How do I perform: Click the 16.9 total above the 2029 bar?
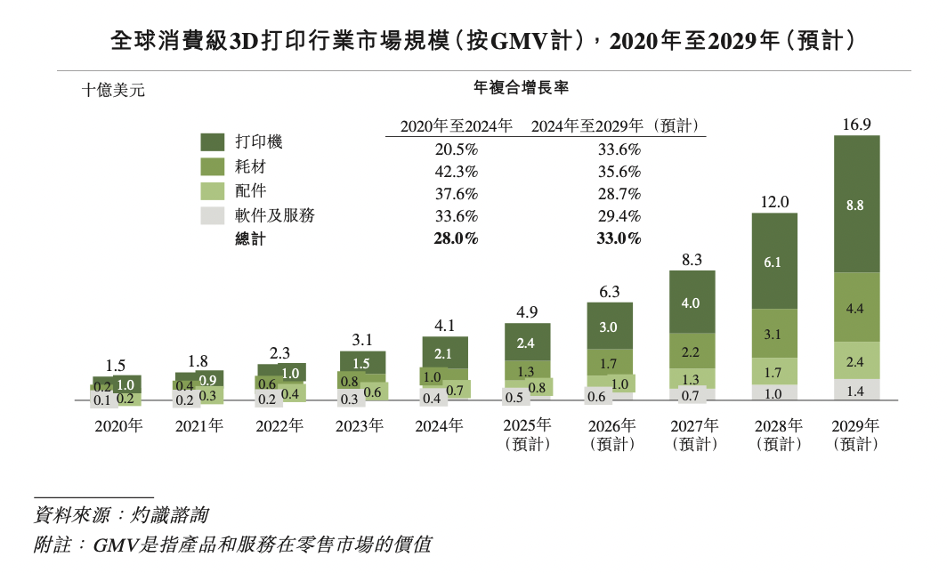point(856,125)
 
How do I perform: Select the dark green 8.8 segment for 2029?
point(856,204)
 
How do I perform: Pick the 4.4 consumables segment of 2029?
point(856,308)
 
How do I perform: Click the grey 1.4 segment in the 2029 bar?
point(856,390)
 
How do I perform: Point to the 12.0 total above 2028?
point(774,202)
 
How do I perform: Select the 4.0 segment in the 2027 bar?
point(692,303)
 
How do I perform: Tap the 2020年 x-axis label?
point(118,426)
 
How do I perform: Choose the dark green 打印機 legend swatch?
point(212,141)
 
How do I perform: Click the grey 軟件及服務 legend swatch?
point(212,215)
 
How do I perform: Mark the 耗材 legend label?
point(250,166)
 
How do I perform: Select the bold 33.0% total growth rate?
point(619,238)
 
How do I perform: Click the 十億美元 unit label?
point(113,90)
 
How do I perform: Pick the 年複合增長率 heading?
point(522,87)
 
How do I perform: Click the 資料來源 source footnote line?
point(121,514)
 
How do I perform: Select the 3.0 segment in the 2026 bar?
point(609,327)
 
